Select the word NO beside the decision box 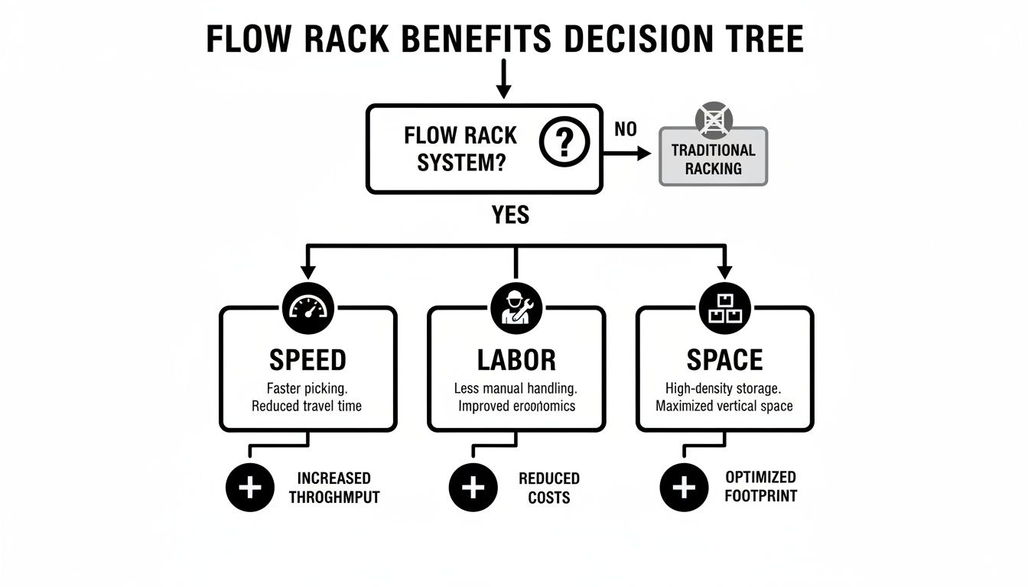625,129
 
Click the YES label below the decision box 510,215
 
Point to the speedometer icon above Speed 307,308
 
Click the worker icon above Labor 516,308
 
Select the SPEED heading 307,359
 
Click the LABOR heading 516,359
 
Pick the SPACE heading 724,359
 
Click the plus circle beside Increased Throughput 250,487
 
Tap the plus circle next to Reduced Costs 473,487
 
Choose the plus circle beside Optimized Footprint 683,487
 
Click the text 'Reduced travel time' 307,405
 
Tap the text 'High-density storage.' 724,388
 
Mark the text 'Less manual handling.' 516,388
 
